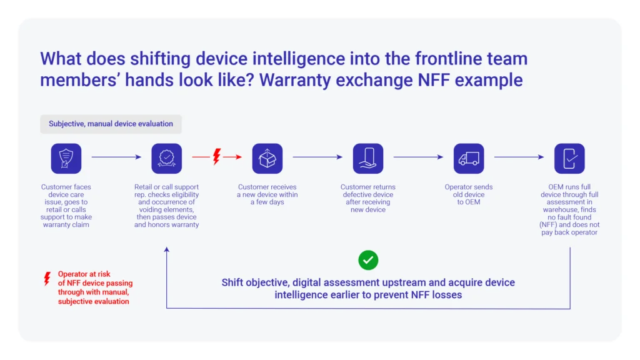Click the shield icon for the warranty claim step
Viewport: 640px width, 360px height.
point(66,158)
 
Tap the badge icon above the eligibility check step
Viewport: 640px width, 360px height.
point(166,158)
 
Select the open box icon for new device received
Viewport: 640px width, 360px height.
point(267,158)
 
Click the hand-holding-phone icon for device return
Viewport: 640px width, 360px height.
point(368,158)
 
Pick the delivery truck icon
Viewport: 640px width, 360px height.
point(469,158)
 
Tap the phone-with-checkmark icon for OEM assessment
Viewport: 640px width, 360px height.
point(569,158)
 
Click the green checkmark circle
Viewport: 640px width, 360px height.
point(368,260)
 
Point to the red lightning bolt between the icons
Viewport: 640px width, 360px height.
point(217,157)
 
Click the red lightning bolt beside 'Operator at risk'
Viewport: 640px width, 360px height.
point(47,279)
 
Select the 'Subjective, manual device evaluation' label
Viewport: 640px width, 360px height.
point(111,124)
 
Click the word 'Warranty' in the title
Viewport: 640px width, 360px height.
point(295,80)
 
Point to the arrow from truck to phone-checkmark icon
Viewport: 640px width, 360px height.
point(519,157)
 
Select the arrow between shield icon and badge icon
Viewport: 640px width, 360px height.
point(116,157)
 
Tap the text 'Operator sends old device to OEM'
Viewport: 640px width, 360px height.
point(469,194)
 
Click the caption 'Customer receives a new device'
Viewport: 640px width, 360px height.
point(267,191)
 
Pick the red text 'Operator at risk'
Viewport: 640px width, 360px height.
point(84,274)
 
